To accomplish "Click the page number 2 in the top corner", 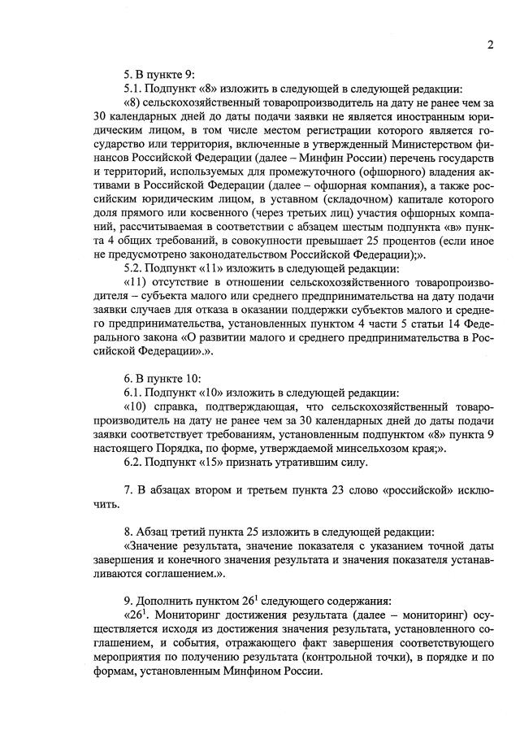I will tap(491, 46).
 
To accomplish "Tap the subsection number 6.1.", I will tap(132, 392).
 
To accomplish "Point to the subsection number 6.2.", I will tap(132, 463).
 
